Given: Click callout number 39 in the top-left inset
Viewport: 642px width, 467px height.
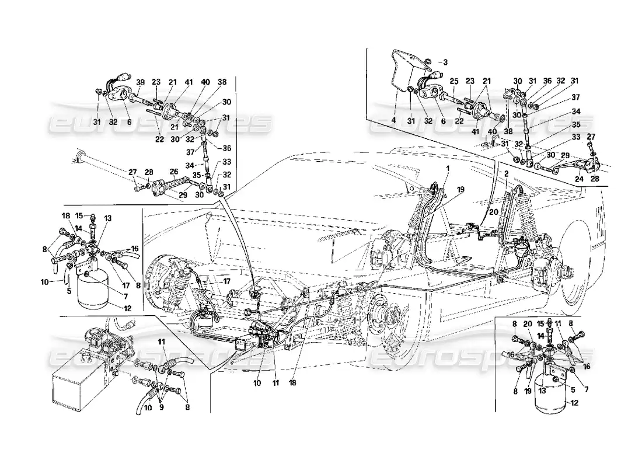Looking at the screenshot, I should tap(141, 82).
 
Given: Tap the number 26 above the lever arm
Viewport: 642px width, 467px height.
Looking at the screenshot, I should tap(173, 172).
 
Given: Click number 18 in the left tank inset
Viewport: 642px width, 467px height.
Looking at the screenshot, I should tap(65, 216).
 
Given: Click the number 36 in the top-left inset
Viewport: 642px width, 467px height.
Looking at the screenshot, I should tap(228, 148).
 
